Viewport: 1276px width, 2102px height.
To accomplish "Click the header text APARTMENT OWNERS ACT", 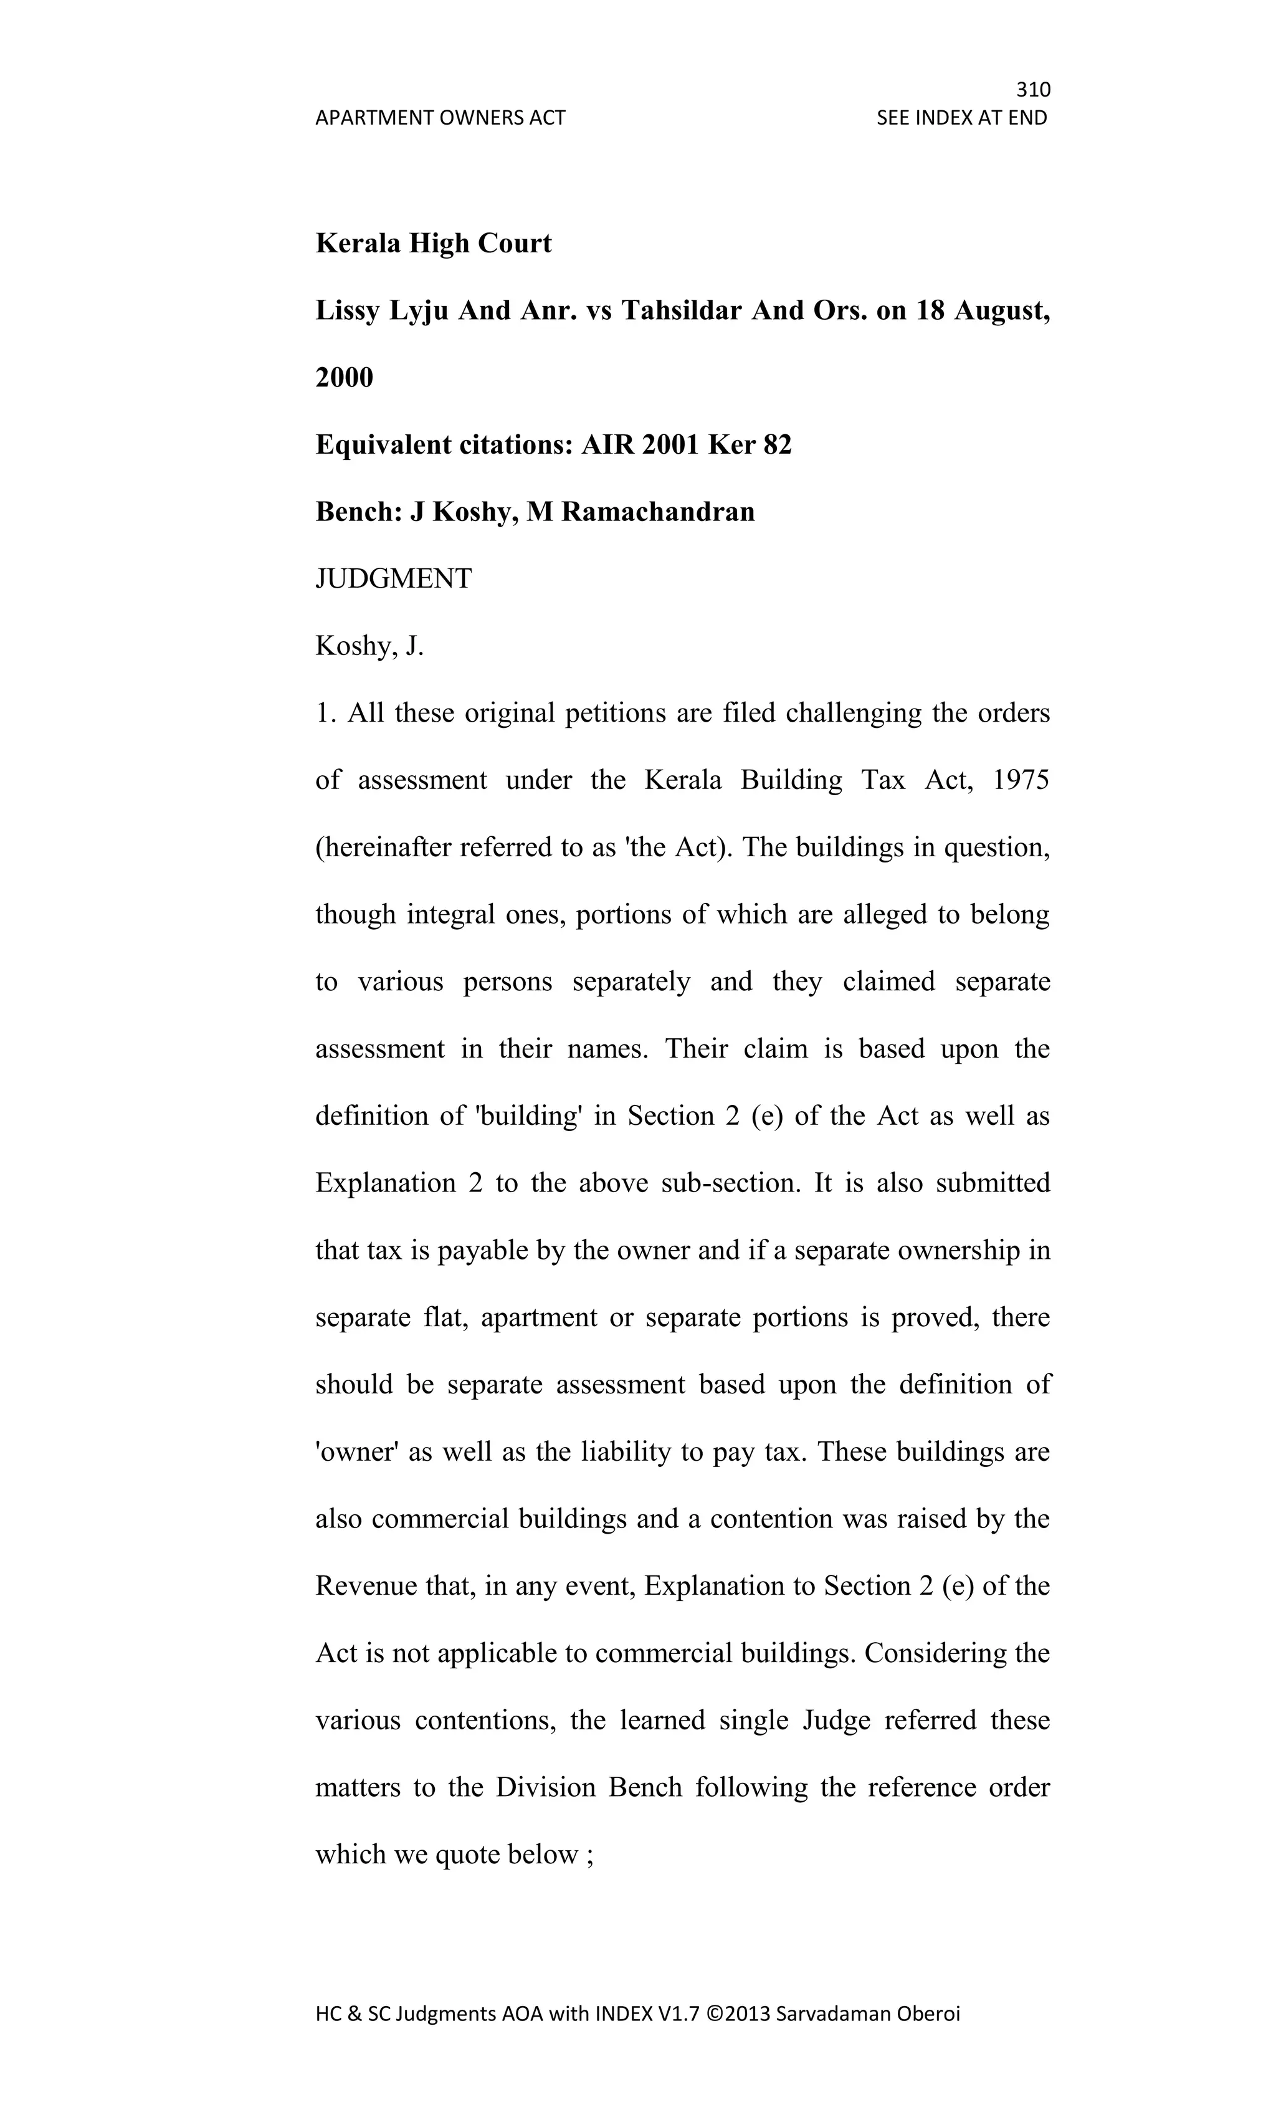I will click(440, 118).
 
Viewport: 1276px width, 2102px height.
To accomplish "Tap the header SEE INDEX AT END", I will click(961, 118).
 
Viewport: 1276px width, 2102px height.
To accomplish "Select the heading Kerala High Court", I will click(433, 243).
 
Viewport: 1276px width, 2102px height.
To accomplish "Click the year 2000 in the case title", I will click(344, 377).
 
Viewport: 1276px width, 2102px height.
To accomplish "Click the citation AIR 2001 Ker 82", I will click(686, 444).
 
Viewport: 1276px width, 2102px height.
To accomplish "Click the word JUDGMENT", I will click(393, 579).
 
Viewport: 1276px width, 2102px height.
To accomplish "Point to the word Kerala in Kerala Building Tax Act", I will click(683, 781).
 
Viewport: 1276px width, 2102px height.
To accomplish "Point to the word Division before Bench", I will click(546, 1787).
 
